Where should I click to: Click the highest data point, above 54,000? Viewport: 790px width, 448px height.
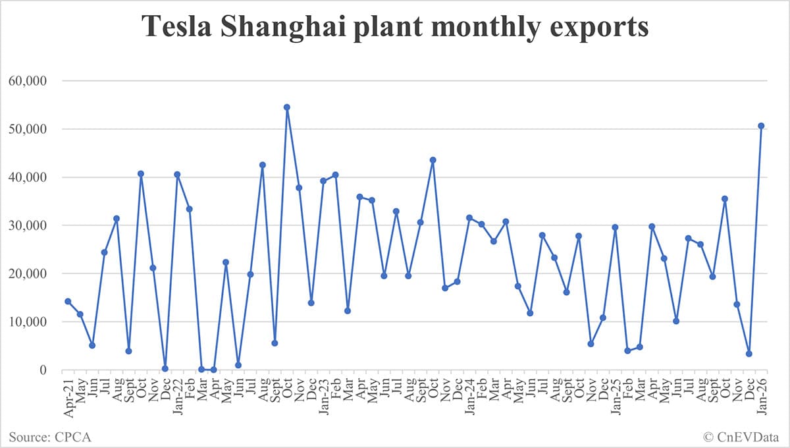coord(287,107)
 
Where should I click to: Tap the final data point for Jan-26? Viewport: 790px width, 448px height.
coord(761,125)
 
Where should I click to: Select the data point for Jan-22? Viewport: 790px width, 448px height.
coord(177,175)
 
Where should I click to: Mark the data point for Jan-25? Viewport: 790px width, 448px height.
coord(615,227)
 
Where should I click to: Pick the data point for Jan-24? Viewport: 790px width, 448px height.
coord(469,217)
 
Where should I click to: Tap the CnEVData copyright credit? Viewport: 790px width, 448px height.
coord(741,435)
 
